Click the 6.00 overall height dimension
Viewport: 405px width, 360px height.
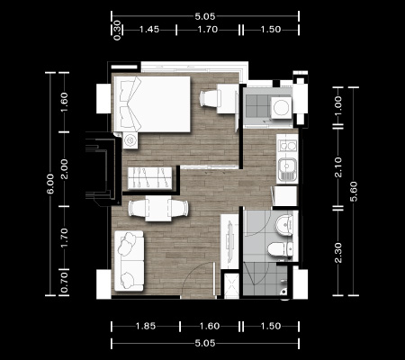(x=50, y=184)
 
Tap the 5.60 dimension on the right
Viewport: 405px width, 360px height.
(x=354, y=191)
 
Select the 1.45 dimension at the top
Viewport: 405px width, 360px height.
(x=149, y=30)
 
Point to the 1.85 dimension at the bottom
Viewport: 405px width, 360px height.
(x=146, y=326)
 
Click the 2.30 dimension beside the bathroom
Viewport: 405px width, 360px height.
(x=338, y=253)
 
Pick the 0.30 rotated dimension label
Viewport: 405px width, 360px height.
(x=117, y=30)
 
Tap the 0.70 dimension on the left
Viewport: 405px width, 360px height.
(x=64, y=283)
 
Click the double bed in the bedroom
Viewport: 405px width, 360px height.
(x=152, y=104)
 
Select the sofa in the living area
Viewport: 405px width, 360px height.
(x=129, y=261)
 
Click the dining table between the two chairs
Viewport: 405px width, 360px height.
(x=158, y=208)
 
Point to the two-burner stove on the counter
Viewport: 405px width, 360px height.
(x=288, y=146)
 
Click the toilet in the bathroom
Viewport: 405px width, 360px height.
(x=280, y=249)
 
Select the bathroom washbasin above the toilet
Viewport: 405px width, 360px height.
(x=283, y=225)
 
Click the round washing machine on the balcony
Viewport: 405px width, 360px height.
(x=282, y=107)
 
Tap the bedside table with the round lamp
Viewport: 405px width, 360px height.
(x=130, y=140)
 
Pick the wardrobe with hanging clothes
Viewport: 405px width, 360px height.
(x=149, y=178)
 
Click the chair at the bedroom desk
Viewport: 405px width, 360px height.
(x=209, y=98)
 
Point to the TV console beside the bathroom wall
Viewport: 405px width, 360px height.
(x=229, y=241)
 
